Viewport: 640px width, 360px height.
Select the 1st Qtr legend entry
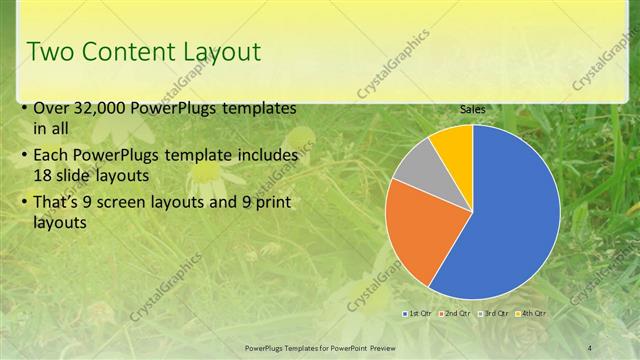coord(417,314)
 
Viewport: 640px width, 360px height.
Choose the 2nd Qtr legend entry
coord(454,314)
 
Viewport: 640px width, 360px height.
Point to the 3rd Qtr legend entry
coord(492,314)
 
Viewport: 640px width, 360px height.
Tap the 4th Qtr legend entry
coord(529,314)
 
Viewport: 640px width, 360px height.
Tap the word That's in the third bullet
coord(59,203)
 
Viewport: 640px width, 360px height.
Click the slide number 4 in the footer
coord(589,347)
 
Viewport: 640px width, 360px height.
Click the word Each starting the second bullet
coord(52,156)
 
